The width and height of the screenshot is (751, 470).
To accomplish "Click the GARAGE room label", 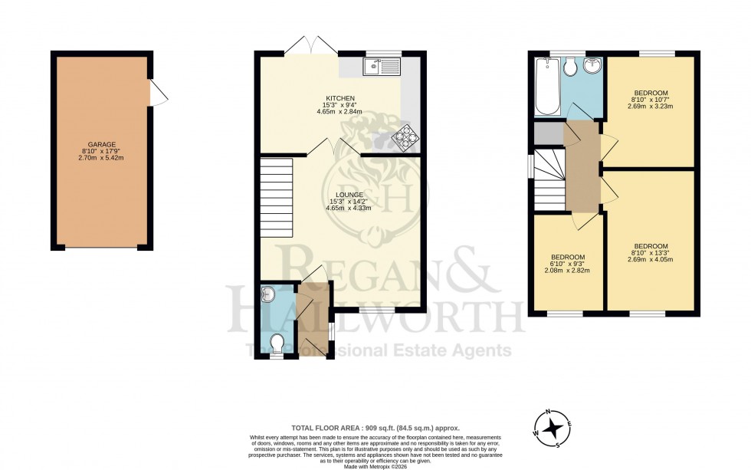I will pos(101,144).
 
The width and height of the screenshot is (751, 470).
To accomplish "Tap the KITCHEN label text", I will pos(340,98).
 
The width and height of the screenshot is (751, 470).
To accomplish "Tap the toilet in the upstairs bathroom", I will pos(569,68).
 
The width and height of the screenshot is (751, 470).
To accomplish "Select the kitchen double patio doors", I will pos(310,46).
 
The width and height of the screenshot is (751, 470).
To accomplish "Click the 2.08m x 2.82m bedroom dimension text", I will pos(568,271).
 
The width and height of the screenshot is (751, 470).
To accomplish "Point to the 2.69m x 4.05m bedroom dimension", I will pos(650,259).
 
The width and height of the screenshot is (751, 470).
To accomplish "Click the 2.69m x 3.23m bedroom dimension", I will pos(650,106).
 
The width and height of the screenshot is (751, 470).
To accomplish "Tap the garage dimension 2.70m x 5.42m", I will pos(101,158).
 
